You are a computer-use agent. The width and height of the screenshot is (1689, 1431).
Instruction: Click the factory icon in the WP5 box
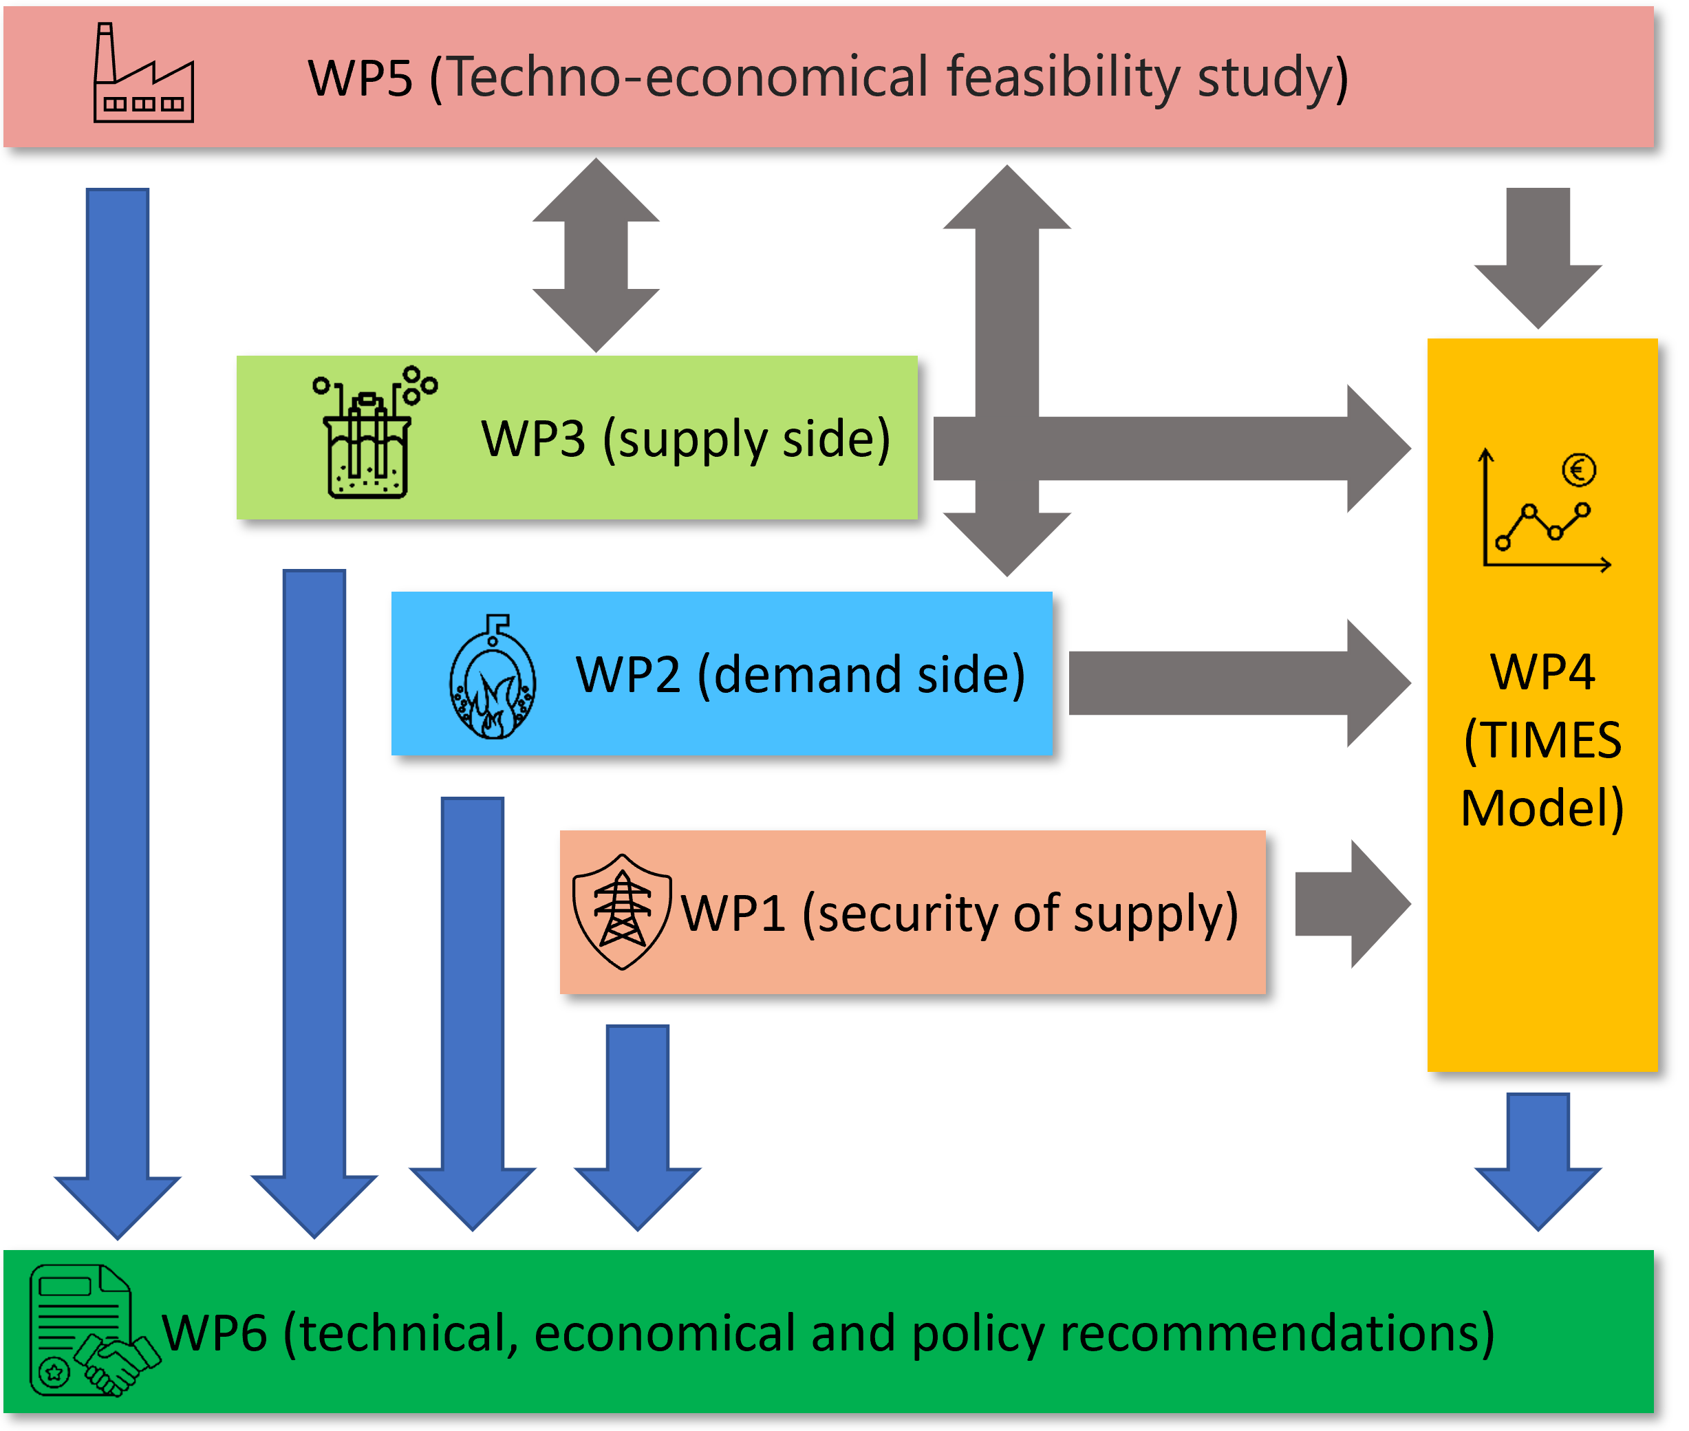coord(144,74)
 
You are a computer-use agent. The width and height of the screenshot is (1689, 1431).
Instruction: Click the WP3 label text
coord(685,439)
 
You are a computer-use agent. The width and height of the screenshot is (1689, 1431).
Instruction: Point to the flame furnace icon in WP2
coord(493,678)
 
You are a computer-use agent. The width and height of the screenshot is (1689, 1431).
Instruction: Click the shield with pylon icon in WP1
coord(621,912)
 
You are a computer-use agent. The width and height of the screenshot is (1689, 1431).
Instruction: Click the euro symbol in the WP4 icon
coord(1579,470)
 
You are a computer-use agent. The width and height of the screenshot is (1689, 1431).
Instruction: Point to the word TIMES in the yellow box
coord(1542,741)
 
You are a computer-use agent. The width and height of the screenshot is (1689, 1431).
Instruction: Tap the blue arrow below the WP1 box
coord(638,1128)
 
